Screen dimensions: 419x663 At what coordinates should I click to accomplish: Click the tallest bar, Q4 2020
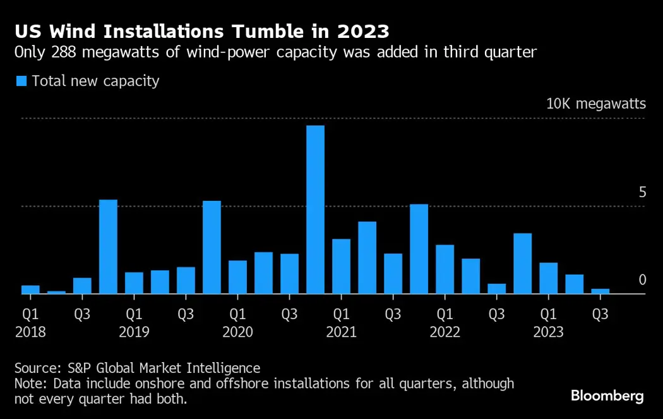tap(315, 209)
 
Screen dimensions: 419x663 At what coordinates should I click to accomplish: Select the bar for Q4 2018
tap(108, 246)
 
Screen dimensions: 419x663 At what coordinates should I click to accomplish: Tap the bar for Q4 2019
tap(212, 247)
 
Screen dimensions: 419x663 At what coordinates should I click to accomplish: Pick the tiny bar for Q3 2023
tap(600, 291)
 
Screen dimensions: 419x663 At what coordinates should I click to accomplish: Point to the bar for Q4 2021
tap(419, 249)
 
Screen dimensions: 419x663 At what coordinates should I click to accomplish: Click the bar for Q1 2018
tap(30, 289)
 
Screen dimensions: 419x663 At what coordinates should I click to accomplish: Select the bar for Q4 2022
tap(522, 264)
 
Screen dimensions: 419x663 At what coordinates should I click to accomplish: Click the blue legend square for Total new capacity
tap(21, 81)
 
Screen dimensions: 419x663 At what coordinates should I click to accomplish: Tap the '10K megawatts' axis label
tap(595, 104)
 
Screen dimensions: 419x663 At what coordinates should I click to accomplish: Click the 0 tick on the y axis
tap(642, 280)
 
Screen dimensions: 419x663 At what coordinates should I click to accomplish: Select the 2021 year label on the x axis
tap(342, 332)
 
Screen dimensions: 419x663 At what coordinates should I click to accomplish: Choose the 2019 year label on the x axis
tap(134, 332)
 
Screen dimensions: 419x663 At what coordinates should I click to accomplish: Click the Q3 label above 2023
tap(600, 313)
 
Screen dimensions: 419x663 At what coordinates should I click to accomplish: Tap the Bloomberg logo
tap(607, 396)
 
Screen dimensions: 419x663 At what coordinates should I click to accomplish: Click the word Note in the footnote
tap(30, 384)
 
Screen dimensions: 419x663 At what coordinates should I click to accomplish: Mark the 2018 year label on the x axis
tap(30, 332)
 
